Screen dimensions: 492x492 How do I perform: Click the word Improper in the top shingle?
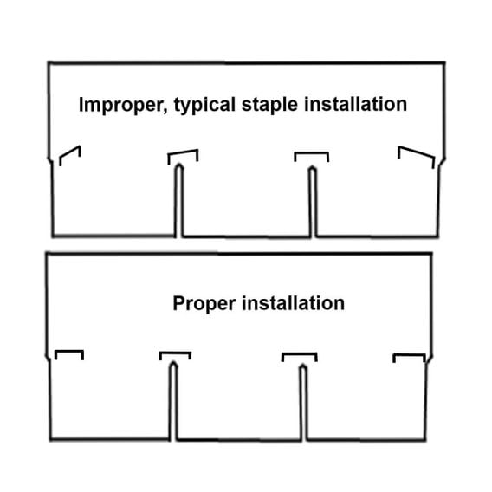121,105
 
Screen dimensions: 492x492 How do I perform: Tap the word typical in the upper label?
204,105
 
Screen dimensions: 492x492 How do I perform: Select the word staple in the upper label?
269,105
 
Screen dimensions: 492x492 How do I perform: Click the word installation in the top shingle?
355,104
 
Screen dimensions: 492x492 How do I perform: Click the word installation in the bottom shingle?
294,303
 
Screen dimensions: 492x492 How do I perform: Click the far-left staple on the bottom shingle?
69,351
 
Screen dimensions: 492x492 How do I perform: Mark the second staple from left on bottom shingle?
175,353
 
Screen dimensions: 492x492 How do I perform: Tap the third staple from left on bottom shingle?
300,354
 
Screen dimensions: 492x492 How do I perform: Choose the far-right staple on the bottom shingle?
410,355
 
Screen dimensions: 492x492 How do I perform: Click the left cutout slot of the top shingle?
178,201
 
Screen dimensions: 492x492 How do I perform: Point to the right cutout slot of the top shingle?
313,203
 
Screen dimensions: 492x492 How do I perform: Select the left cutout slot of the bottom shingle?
173,401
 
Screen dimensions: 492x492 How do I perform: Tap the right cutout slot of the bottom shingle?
303,403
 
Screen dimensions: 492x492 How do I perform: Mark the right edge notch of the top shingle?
442,162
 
